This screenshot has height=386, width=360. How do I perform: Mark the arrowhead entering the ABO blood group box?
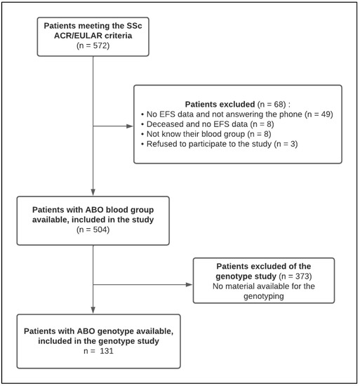93,193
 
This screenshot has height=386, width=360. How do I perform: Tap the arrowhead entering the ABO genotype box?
93,314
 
